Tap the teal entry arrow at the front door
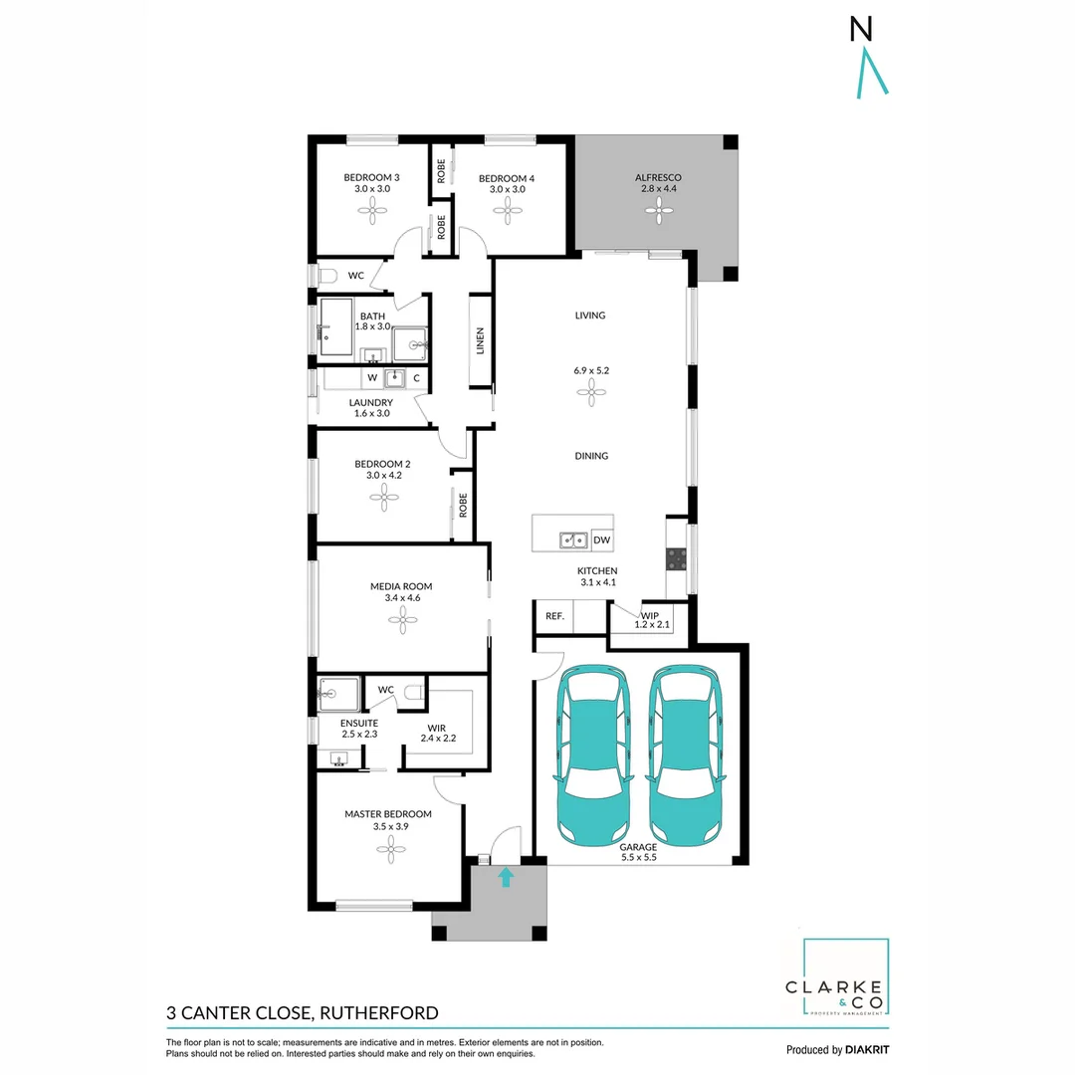click(x=506, y=877)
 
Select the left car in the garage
click(x=593, y=754)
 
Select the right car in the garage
click(x=685, y=754)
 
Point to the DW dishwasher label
click(x=601, y=540)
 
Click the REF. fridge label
click(x=554, y=617)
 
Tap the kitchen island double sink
click(x=572, y=540)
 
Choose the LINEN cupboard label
click(x=480, y=340)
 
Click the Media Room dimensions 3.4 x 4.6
click(x=401, y=599)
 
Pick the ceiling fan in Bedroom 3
click(x=377, y=208)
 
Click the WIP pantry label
click(x=650, y=616)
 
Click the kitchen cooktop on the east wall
click(x=677, y=559)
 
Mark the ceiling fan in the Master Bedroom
click(x=388, y=846)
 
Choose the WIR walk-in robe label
click(x=435, y=729)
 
